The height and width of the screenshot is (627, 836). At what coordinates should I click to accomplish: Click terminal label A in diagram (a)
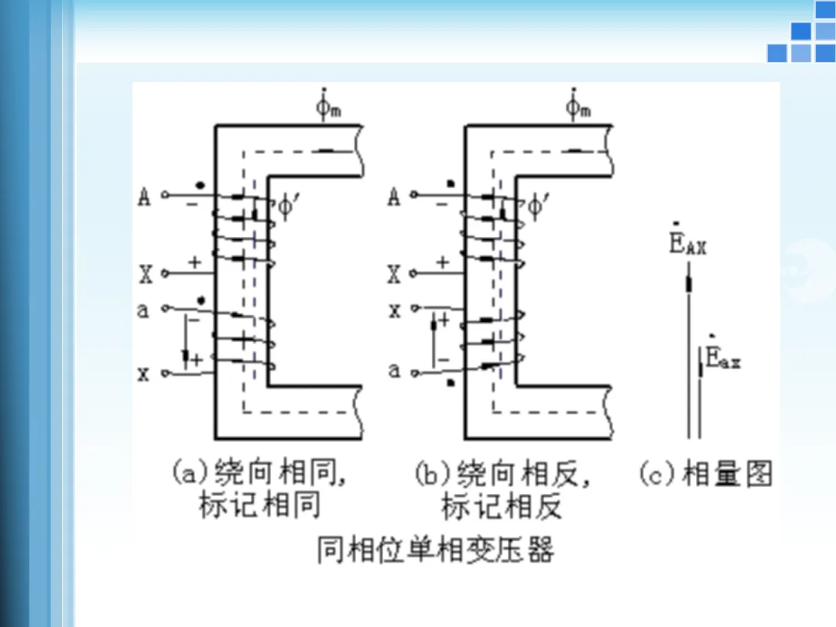144,198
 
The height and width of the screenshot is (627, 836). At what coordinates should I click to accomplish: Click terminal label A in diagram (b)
394,198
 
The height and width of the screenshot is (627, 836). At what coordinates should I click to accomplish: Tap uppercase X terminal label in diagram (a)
146,273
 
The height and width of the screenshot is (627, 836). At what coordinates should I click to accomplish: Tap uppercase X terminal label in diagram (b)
394,273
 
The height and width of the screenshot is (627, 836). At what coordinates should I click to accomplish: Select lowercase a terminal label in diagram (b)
395,371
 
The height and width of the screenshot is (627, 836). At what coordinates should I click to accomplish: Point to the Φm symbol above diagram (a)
328,106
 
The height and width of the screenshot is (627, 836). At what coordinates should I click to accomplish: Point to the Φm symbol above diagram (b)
577,106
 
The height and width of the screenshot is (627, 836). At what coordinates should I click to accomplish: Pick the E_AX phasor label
687,245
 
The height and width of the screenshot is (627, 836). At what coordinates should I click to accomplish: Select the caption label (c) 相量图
705,473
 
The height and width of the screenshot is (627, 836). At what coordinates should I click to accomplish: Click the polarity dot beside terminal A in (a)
200,186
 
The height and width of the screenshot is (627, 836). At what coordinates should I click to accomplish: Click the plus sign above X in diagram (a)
194,262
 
